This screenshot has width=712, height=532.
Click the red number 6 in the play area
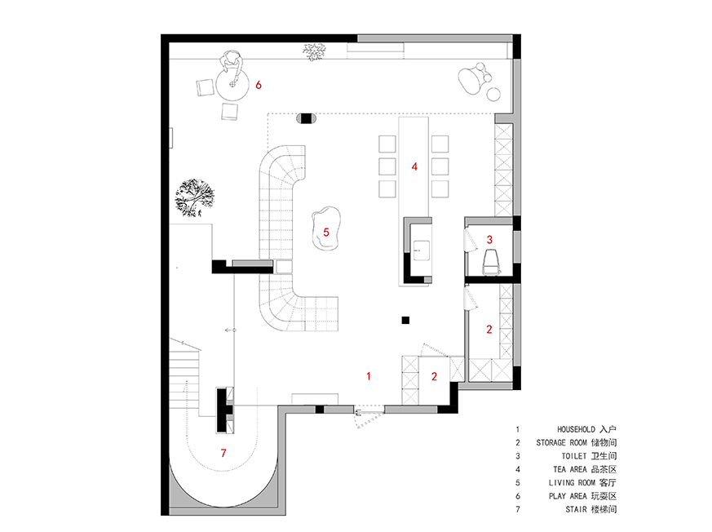click(259, 85)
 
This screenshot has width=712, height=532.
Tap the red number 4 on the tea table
click(414, 166)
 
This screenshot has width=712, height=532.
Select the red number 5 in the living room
click(326, 233)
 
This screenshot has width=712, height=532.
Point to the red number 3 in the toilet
click(489, 239)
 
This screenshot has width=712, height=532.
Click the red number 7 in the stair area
click(223, 453)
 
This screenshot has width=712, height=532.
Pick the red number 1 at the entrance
click(369, 376)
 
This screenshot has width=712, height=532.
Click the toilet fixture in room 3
click(491, 263)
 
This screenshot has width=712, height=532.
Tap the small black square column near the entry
click(405, 321)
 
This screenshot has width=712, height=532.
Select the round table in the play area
click(232, 85)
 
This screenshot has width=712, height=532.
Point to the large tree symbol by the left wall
click(195, 197)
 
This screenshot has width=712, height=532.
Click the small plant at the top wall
click(314, 51)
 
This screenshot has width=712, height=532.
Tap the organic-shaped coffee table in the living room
click(326, 228)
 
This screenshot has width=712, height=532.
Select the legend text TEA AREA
click(570, 469)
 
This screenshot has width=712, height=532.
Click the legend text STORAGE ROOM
click(562, 442)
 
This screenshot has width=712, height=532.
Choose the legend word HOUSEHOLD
click(577, 429)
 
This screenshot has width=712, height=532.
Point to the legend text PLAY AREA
click(568, 496)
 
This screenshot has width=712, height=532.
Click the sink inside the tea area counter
click(422, 250)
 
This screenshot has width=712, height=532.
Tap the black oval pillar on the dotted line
click(307, 118)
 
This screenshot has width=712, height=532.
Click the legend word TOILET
click(574, 456)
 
